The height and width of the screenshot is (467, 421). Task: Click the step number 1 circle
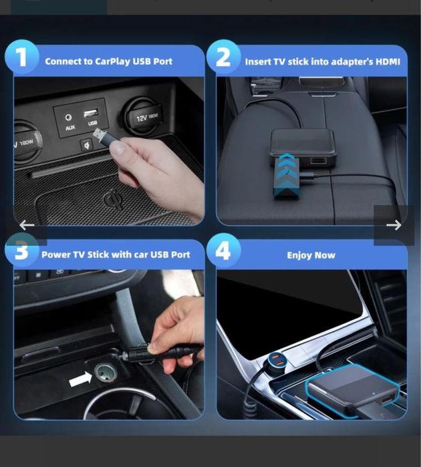click(x=21, y=57)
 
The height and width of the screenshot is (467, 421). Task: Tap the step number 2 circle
click(x=223, y=58)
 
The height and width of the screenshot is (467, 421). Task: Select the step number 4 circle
click(x=223, y=252)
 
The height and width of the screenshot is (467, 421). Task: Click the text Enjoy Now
click(x=311, y=255)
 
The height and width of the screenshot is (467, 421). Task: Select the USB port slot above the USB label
click(x=92, y=112)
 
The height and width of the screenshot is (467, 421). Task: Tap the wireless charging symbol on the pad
click(x=112, y=199)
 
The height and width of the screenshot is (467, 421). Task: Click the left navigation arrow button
click(x=27, y=225)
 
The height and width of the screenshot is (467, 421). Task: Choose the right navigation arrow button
click(x=394, y=225)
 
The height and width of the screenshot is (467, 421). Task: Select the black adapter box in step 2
click(x=303, y=148)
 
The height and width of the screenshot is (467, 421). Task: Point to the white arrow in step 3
click(x=80, y=379)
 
